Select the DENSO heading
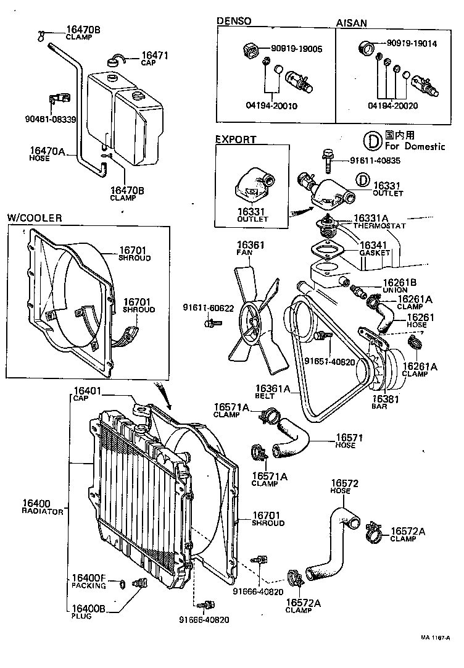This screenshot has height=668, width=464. click(234, 21)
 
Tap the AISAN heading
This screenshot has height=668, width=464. click(351, 23)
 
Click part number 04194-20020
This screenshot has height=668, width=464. click(392, 106)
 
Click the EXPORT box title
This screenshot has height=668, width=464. click(235, 140)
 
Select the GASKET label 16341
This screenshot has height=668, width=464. click(375, 245)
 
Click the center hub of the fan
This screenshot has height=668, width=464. click(252, 321)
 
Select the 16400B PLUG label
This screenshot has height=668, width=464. click(88, 609)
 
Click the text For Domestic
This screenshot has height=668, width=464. click(414, 146)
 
